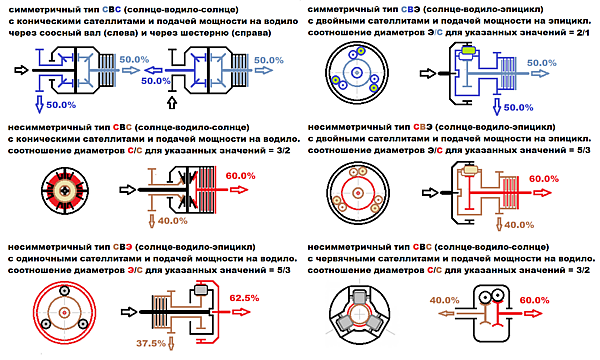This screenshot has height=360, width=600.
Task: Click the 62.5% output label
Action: point(244,298)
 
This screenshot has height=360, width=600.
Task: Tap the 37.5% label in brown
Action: point(151,343)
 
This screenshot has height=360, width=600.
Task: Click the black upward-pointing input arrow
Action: point(172,103)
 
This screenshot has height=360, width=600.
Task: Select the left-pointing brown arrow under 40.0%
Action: point(447,313)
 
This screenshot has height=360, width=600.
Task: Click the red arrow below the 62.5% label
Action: point(241,312)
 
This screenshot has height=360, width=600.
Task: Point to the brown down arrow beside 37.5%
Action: point(171,343)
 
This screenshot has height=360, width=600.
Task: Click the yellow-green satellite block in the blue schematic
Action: point(468,50)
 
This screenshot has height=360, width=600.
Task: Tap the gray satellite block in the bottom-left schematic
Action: point(201,290)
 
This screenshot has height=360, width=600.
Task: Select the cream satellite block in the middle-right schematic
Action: point(469,169)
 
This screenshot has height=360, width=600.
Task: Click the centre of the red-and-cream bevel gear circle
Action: point(65,190)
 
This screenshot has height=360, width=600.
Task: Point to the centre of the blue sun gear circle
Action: point(357,72)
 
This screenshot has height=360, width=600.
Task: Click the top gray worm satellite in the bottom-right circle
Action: point(359,296)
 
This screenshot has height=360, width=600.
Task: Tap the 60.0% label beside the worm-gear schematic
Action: point(534,300)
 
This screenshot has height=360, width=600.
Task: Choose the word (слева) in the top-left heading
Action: point(122,33)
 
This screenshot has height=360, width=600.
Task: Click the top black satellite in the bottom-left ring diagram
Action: point(64,290)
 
